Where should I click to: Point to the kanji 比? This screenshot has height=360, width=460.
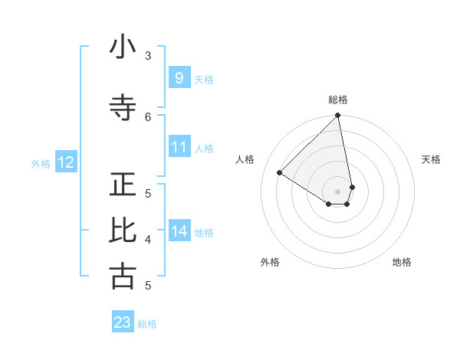[x=123, y=231]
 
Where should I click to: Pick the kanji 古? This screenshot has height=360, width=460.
[x=123, y=277]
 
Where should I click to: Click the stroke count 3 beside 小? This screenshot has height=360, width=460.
[x=148, y=55]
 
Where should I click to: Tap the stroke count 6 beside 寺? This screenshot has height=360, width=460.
[x=148, y=116]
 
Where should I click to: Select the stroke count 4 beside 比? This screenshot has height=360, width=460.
[x=148, y=239]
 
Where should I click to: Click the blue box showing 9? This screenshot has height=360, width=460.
[x=179, y=77]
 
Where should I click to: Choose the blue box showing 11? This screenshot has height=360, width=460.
[x=179, y=146]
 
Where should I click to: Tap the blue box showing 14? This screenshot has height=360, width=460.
[x=179, y=231]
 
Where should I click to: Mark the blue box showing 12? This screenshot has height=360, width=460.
[x=65, y=162]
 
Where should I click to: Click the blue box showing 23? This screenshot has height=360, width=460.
[x=123, y=322]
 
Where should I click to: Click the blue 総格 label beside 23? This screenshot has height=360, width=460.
[x=147, y=324]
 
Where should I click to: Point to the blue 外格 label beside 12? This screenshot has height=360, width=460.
[x=41, y=164]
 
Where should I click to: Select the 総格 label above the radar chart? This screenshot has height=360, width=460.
[x=338, y=100]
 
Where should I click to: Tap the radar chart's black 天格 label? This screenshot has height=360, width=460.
[x=431, y=159]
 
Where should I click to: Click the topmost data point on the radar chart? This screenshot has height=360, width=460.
[x=338, y=116]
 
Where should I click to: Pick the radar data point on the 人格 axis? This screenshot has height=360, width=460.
[x=280, y=173]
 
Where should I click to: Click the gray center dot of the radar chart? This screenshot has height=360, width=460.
[x=338, y=191]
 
